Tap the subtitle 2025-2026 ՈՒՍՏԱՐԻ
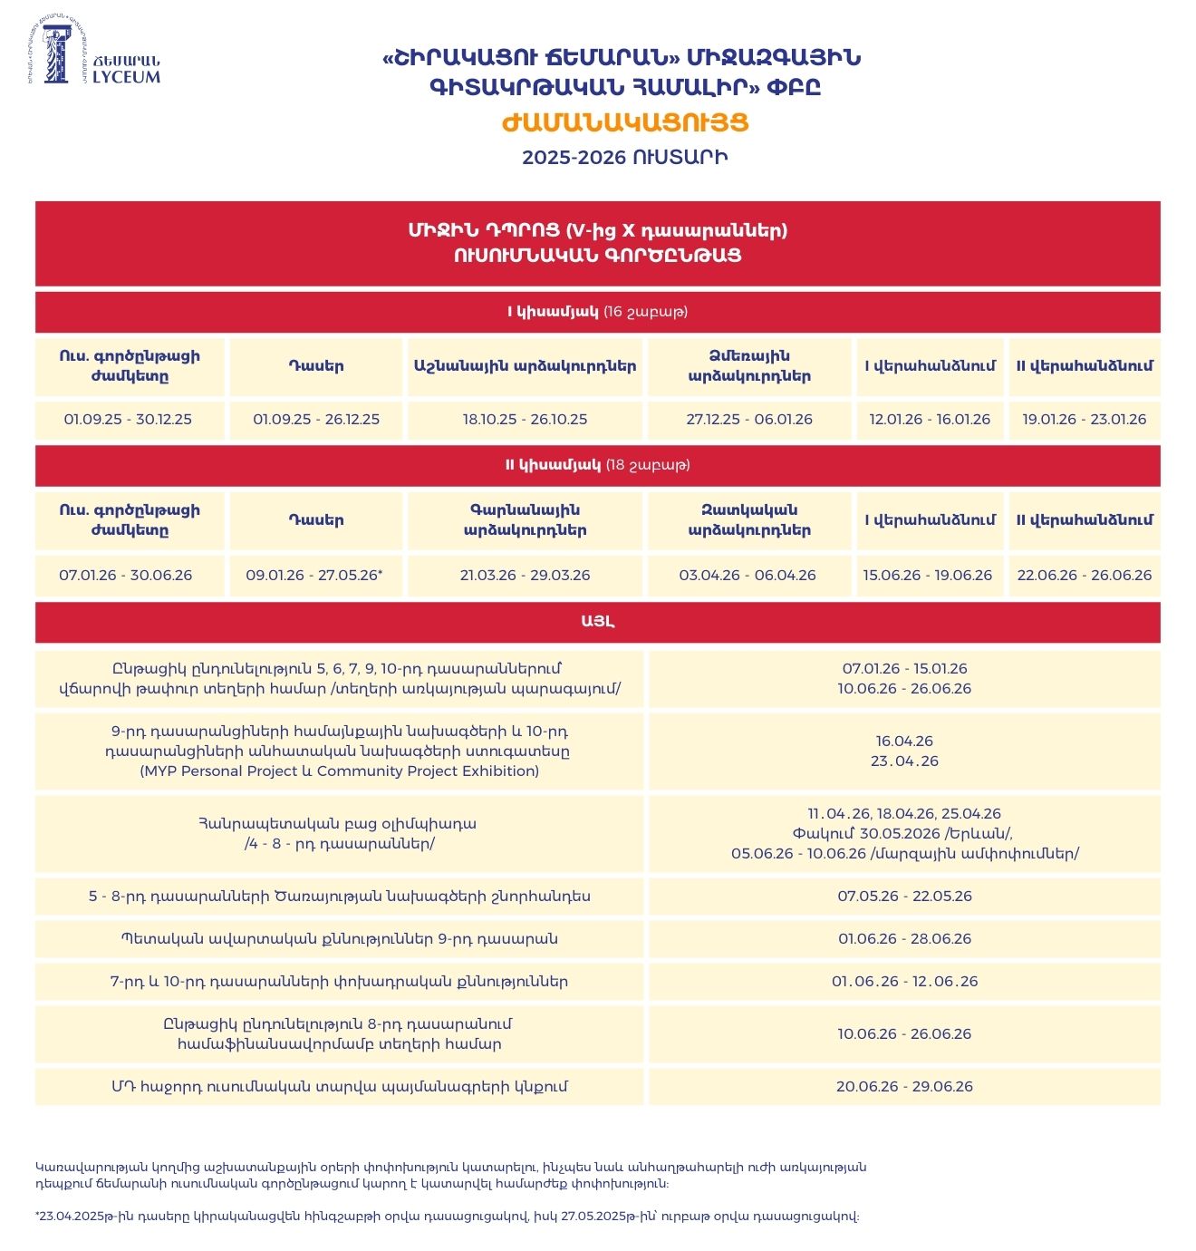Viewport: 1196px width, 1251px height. [x=625, y=157]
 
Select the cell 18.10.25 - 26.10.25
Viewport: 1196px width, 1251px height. [x=525, y=420]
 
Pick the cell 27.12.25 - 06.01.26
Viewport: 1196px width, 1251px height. [x=749, y=420]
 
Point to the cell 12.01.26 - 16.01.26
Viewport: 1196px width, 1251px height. [x=930, y=420]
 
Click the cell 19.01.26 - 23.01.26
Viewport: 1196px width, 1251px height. [x=1085, y=420]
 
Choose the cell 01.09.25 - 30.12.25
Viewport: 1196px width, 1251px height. [x=128, y=420]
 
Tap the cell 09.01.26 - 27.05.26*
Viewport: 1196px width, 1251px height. [x=314, y=576]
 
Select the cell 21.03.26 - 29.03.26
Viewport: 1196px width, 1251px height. [x=525, y=576]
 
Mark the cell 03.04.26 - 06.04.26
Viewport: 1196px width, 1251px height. [x=747, y=576]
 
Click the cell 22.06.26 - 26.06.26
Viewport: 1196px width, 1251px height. [x=1085, y=576]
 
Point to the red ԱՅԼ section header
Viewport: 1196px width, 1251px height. [x=598, y=622]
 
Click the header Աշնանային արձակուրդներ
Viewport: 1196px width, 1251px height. [x=525, y=366]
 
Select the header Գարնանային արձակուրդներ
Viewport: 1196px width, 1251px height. [x=525, y=520]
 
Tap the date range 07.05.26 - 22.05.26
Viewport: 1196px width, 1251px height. [x=904, y=897]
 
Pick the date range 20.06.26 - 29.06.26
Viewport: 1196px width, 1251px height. [x=904, y=1087]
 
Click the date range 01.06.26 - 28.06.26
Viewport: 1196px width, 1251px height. [x=904, y=939]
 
